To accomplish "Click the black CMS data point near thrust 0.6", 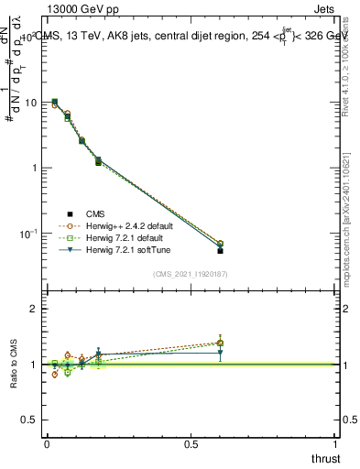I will pos(220,250).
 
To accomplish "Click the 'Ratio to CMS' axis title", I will pos(14,365).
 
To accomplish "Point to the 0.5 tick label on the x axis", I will pos(191,442).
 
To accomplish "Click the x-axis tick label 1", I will pos(335,442).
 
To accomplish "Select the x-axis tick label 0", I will pos(47,442).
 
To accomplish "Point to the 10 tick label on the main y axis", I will pos(32,103).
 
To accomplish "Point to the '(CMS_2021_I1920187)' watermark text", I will pos(191,273).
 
